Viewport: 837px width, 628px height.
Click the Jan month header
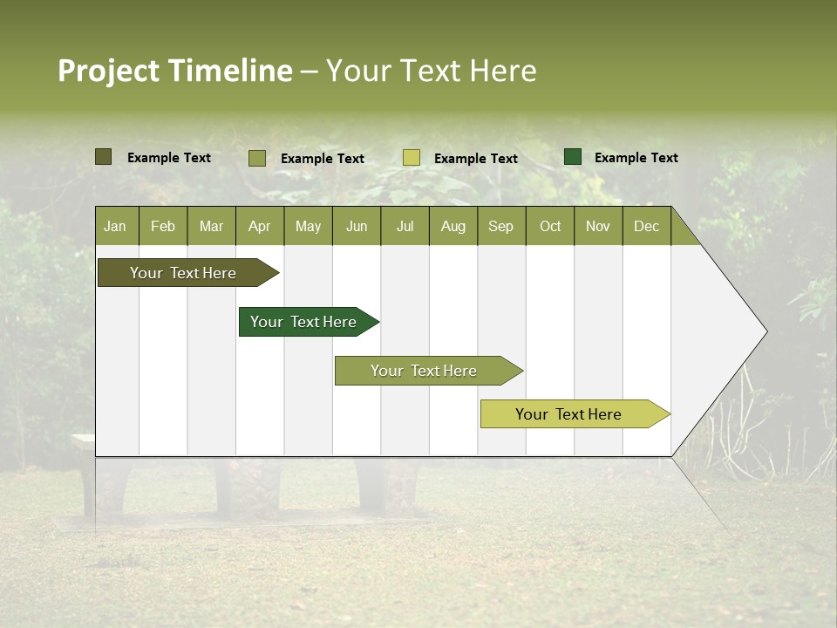pyautogui.click(x=115, y=226)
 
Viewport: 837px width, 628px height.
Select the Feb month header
pyautogui.click(x=163, y=226)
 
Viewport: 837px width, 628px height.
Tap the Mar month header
pyautogui.click(x=211, y=226)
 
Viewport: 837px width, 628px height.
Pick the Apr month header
pyautogui.click(x=259, y=226)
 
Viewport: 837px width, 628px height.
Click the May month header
pyautogui.click(x=308, y=226)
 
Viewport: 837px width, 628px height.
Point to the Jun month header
pyautogui.click(x=357, y=226)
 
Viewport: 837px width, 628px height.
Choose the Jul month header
pyautogui.click(x=405, y=226)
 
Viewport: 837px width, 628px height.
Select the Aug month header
pyautogui.click(x=453, y=226)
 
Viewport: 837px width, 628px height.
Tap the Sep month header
pyautogui.click(x=500, y=226)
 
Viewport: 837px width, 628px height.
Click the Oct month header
pyautogui.click(x=550, y=226)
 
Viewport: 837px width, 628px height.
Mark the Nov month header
pyautogui.click(x=598, y=226)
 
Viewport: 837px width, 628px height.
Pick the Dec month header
pyautogui.click(x=646, y=226)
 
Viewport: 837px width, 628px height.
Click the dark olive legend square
pyautogui.click(x=103, y=157)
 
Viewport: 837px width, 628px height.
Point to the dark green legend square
pyautogui.click(x=573, y=157)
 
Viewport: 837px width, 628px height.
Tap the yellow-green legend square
pyautogui.click(x=412, y=158)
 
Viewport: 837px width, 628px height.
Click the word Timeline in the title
pyautogui.click(x=230, y=71)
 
